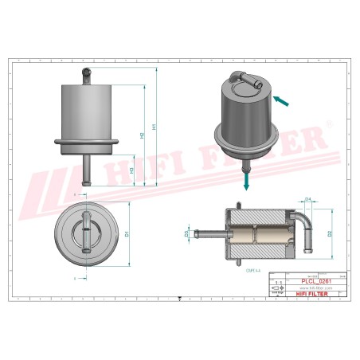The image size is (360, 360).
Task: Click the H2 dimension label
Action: click(x=142, y=135)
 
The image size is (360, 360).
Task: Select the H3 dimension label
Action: click(x=131, y=172)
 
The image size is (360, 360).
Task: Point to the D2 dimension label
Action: click(x=329, y=233)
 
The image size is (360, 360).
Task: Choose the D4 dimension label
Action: click(x=307, y=200)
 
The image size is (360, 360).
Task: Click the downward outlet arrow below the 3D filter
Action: click(x=248, y=182)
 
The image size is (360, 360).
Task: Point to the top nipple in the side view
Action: click(x=86, y=72)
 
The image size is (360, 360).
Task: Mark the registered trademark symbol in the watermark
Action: click(x=327, y=125)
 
